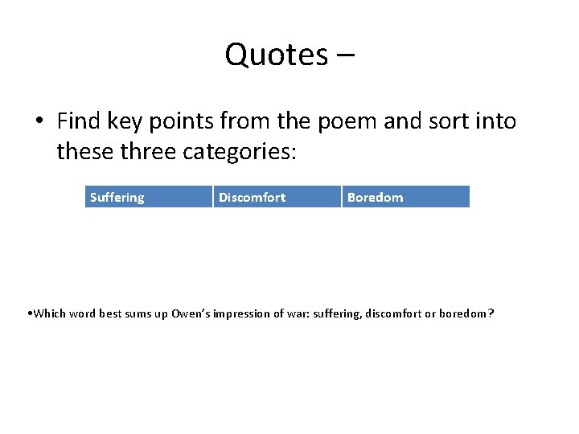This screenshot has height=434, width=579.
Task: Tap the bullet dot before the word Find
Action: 38,122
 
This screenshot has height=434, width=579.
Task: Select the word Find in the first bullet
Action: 77,121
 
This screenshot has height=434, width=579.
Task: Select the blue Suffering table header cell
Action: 149,197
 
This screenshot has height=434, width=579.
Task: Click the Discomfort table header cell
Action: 277,197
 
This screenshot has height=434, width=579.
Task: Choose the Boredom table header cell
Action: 406,197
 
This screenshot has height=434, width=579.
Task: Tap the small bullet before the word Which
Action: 29,313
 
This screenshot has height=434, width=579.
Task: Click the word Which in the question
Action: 49,313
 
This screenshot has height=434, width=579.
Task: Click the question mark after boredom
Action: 491,313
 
